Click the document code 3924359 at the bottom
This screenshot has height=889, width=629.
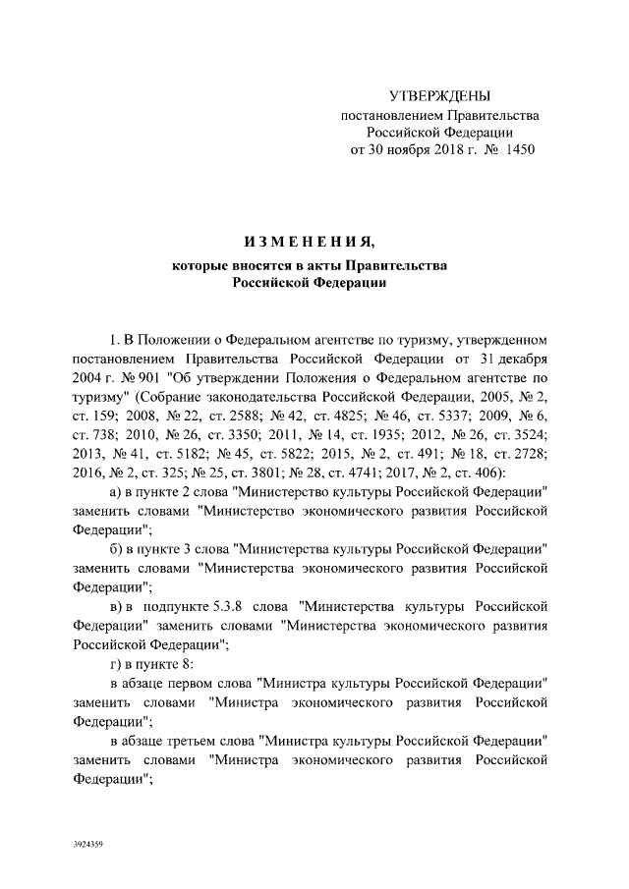(x=88, y=844)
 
